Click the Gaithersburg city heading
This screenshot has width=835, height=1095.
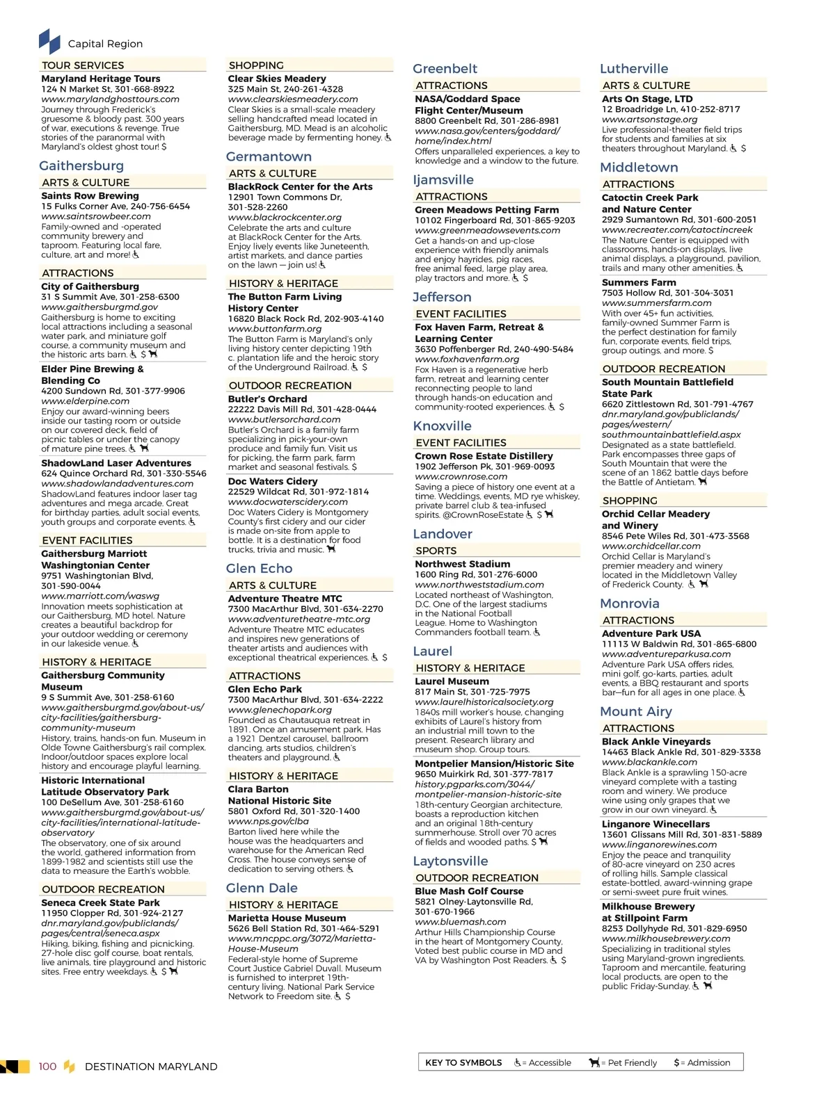coord(81,165)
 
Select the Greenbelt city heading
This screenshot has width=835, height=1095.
coord(445,68)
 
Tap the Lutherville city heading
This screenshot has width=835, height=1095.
coord(634,68)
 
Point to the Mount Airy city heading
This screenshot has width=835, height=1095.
coord(636,711)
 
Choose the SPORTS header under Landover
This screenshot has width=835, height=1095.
coord(436,550)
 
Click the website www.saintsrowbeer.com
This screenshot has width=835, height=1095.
coord(96,216)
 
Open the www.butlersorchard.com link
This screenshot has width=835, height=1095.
coord(284,419)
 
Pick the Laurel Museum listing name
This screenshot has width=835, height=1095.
coord(452,681)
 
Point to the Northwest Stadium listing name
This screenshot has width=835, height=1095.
coord(463,564)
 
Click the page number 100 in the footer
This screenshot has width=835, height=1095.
coord(47,1066)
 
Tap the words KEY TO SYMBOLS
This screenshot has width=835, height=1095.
coord(463,1062)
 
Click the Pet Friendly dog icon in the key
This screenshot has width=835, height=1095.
coord(594,1062)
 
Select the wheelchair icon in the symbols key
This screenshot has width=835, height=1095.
coord(518,1062)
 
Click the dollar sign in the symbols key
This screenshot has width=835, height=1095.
coord(676,1062)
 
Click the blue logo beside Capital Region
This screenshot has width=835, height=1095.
coord(49,42)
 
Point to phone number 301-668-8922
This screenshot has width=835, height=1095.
coord(145,89)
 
